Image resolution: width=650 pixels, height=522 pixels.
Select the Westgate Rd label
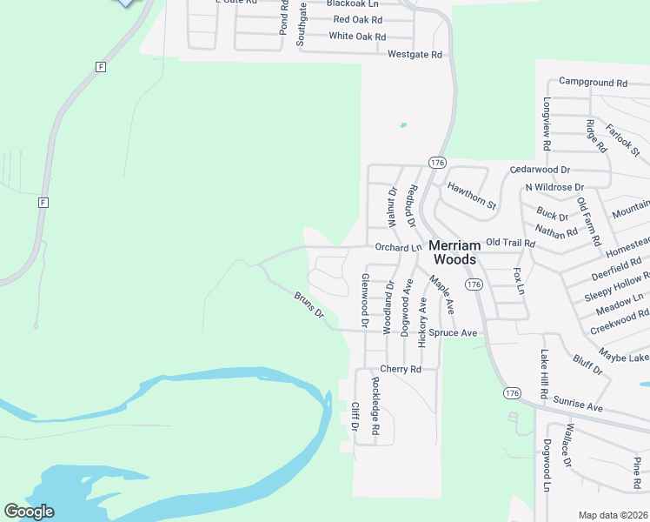(x=415, y=55)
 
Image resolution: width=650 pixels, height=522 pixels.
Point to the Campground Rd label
(x=593, y=83)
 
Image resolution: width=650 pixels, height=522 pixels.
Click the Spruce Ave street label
(x=457, y=333)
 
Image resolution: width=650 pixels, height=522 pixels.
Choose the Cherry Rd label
(x=400, y=369)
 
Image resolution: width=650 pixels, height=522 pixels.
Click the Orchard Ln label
(x=397, y=247)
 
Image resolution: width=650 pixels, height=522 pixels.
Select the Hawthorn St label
(x=471, y=195)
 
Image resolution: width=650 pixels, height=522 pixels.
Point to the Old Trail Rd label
(x=510, y=243)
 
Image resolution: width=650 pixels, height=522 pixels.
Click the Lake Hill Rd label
(x=545, y=375)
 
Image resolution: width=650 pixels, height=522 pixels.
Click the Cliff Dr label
(x=355, y=418)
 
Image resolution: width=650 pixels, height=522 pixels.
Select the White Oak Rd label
(x=357, y=37)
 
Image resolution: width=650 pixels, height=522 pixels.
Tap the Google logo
(x=29, y=512)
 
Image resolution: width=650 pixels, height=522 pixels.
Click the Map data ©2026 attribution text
(x=613, y=515)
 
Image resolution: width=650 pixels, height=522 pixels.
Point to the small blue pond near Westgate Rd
(x=403, y=125)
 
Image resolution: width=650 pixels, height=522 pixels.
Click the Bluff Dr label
(x=587, y=364)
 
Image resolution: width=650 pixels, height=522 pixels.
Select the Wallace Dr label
(x=567, y=447)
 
